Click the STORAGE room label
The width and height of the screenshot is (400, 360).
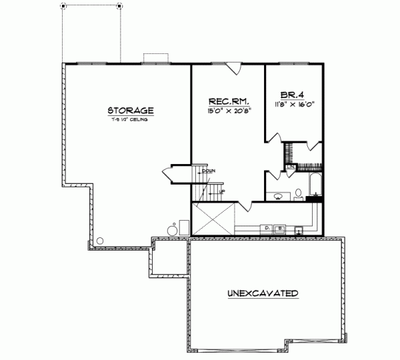point(131,111)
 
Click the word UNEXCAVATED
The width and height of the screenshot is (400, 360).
point(263,293)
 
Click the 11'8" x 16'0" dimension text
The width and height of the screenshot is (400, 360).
point(294,105)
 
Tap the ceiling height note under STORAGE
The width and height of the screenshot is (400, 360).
point(130,120)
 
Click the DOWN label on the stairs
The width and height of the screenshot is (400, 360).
point(208,171)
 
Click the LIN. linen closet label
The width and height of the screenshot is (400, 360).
point(283,166)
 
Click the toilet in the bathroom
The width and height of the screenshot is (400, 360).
point(299,194)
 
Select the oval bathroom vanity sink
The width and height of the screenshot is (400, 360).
point(278,196)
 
